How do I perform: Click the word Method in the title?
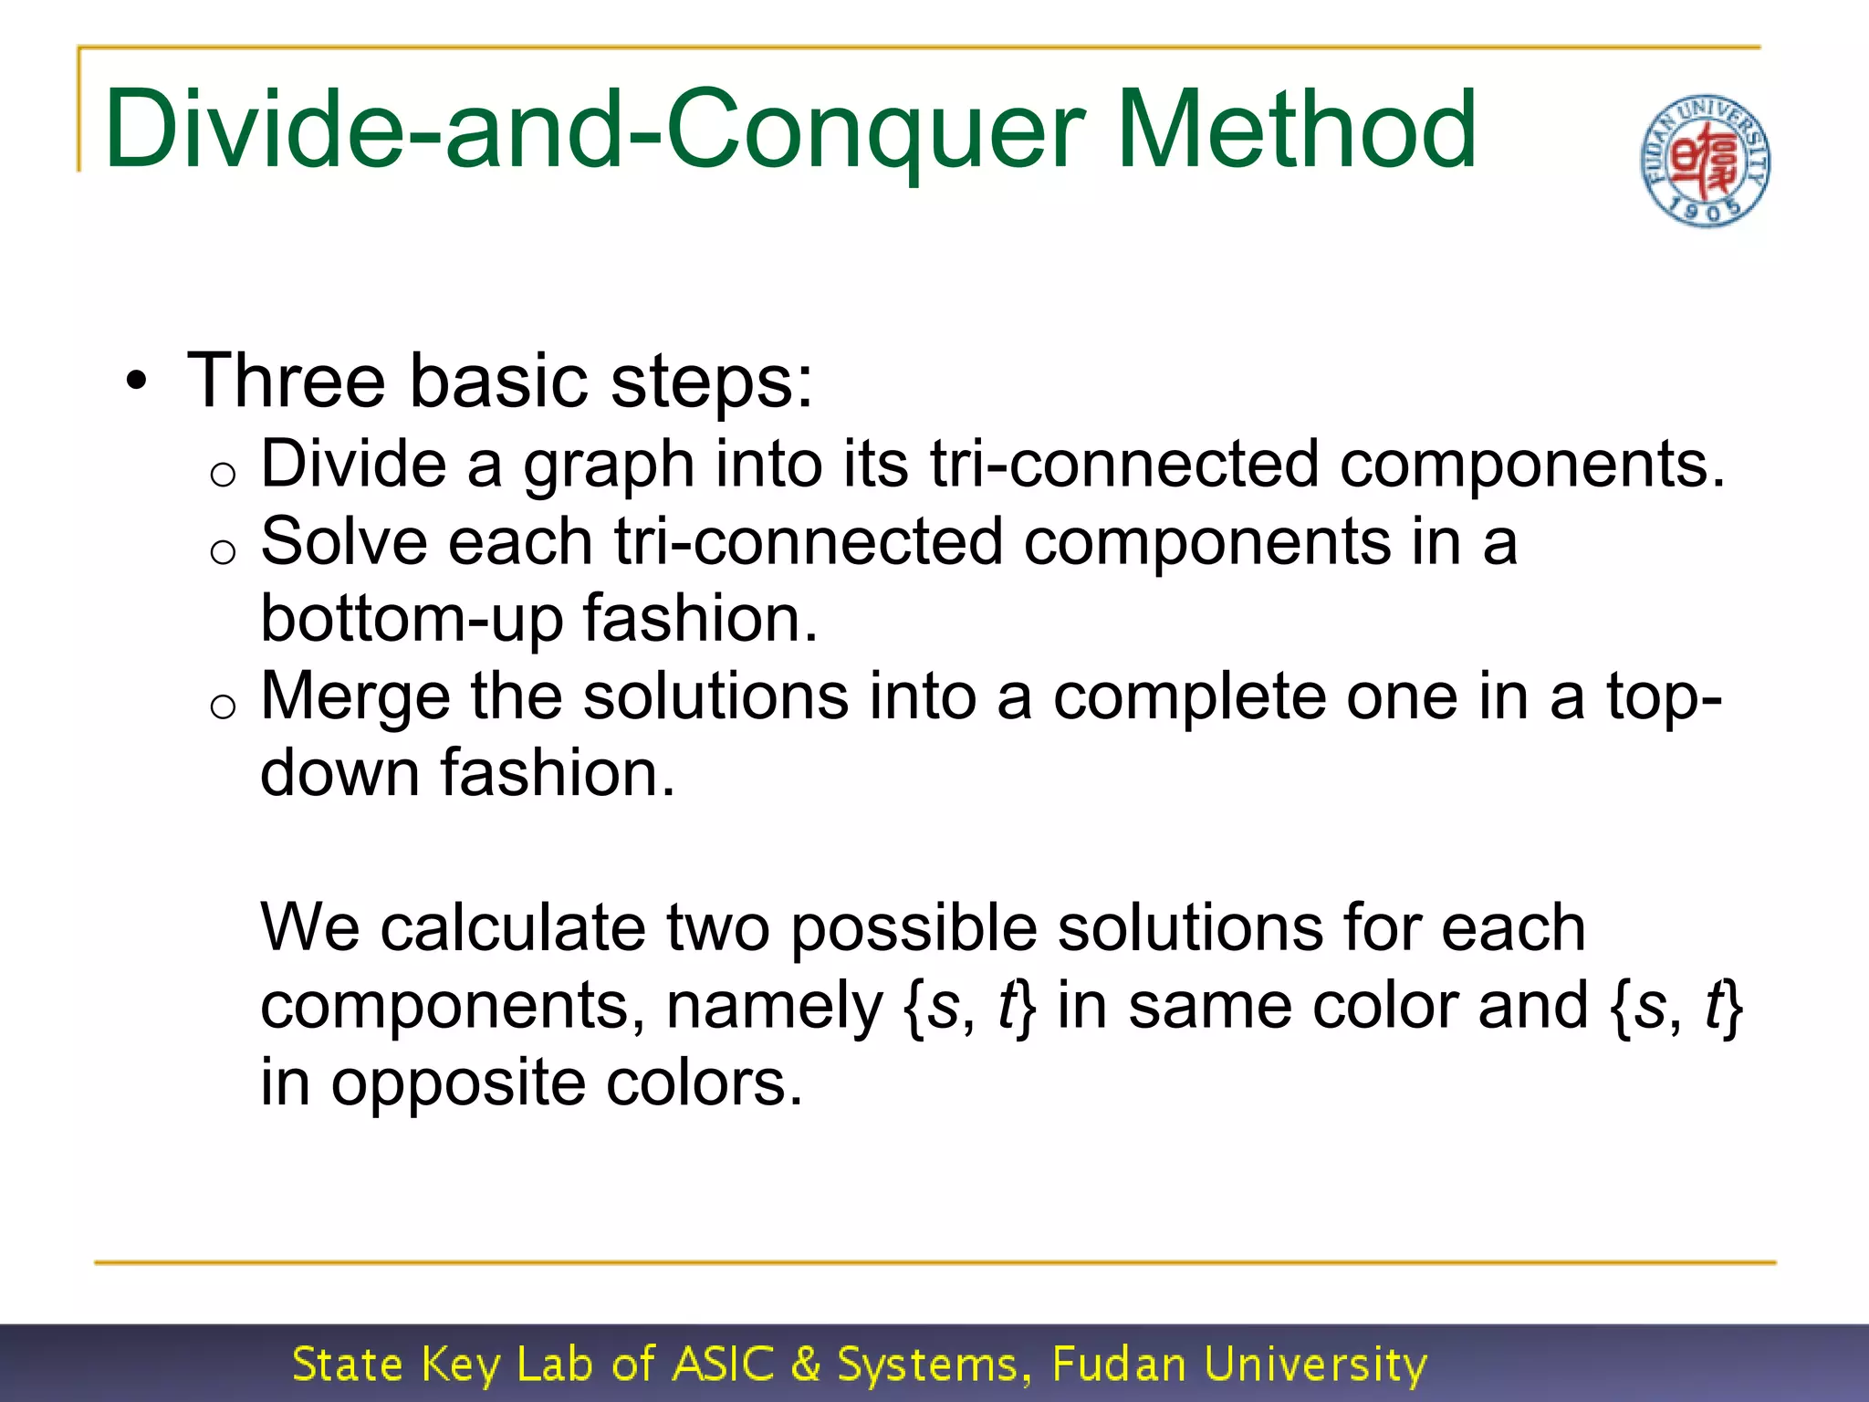[x=1296, y=130]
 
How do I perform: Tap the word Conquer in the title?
[x=875, y=130]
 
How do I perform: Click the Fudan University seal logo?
[x=1705, y=161]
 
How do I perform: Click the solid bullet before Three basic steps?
[x=136, y=381]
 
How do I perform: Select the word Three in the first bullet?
[x=286, y=381]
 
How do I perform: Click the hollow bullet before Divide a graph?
[x=223, y=474]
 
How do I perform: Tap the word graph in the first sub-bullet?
[x=609, y=465]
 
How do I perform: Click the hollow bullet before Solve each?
[x=223, y=551]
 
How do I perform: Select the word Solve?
[x=343, y=542]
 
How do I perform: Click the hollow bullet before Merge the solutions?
[x=223, y=706]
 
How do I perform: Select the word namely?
[x=775, y=1006]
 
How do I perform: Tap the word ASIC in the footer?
[x=723, y=1365]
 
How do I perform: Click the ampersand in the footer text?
[x=806, y=1365]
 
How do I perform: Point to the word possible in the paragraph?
[x=914, y=928]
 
